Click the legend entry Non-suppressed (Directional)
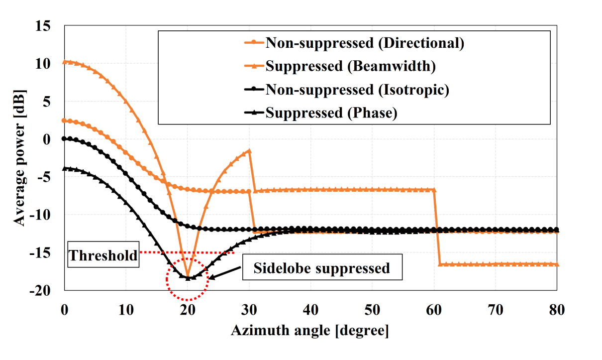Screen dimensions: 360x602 365,43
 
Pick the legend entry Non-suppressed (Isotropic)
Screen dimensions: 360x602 357,90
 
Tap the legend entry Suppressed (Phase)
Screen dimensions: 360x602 331,113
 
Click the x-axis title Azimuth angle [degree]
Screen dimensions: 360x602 309,331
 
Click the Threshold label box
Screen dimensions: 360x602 102,256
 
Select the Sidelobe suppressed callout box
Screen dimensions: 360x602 321,269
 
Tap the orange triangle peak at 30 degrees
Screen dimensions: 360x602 249,150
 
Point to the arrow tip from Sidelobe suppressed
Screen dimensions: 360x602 209,278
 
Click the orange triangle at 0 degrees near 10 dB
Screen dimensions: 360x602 64,62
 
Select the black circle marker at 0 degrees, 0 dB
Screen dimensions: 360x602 64,139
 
